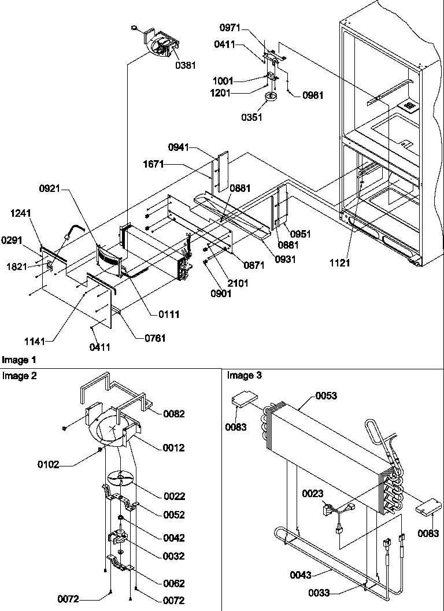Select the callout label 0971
(x=232, y=28)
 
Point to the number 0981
(x=313, y=95)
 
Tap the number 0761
(x=154, y=338)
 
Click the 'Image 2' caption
(x=18, y=376)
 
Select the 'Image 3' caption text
(x=244, y=376)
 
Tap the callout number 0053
(x=326, y=396)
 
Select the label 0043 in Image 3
(x=301, y=575)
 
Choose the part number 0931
(x=285, y=260)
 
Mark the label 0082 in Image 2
(x=174, y=414)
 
